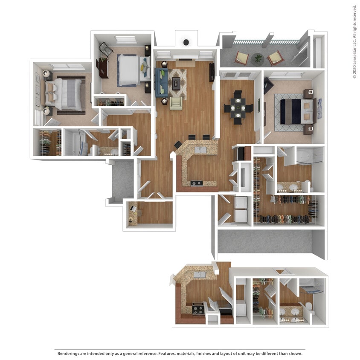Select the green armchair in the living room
176,103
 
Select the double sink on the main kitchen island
200,150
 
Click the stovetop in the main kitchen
196,183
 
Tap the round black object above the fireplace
186,42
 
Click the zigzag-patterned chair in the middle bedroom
106,50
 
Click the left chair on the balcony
241,57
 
